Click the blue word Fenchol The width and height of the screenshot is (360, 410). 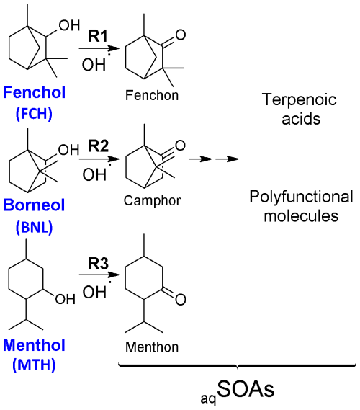(x=35, y=92)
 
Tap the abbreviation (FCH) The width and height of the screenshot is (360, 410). (x=35, y=114)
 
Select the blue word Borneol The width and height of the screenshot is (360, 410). (x=34, y=205)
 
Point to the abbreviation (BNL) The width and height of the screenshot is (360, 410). (x=35, y=227)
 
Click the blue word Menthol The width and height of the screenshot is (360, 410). (x=35, y=344)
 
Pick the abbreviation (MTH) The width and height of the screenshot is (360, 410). (x=35, y=365)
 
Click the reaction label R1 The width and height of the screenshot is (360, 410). (x=98, y=36)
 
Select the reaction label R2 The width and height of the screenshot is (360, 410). (x=98, y=146)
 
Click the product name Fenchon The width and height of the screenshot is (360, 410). (x=152, y=95)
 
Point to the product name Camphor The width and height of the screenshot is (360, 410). (x=153, y=201)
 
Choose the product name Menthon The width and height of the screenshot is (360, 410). (x=152, y=347)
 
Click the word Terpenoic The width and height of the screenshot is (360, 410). (x=300, y=100)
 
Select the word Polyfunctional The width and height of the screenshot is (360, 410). (x=301, y=197)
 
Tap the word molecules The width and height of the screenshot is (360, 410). (x=301, y=216)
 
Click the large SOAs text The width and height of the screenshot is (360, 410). (x=246, y=389)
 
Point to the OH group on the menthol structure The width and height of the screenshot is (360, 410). (x=66, y=299)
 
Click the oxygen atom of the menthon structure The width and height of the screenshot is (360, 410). (x=181, y=299)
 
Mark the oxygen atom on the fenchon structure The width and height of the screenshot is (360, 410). (x=181, y=35)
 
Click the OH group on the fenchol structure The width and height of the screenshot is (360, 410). (x=69, y=25)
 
